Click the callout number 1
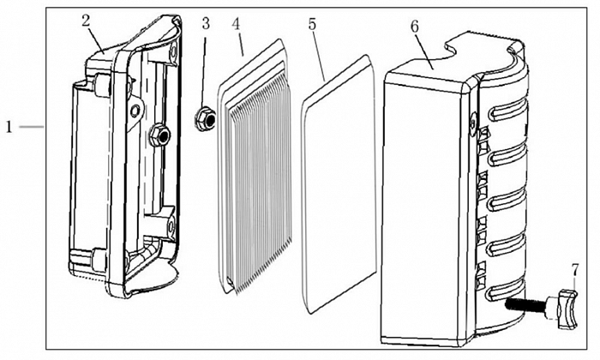point(9,127)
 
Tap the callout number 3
point(206,22)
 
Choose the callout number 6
point(415,26)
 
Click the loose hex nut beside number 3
point(206,117)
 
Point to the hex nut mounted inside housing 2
point(158,133)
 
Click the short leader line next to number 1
point(30,127)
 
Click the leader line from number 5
point(319,56)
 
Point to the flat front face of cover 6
point(424,206)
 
